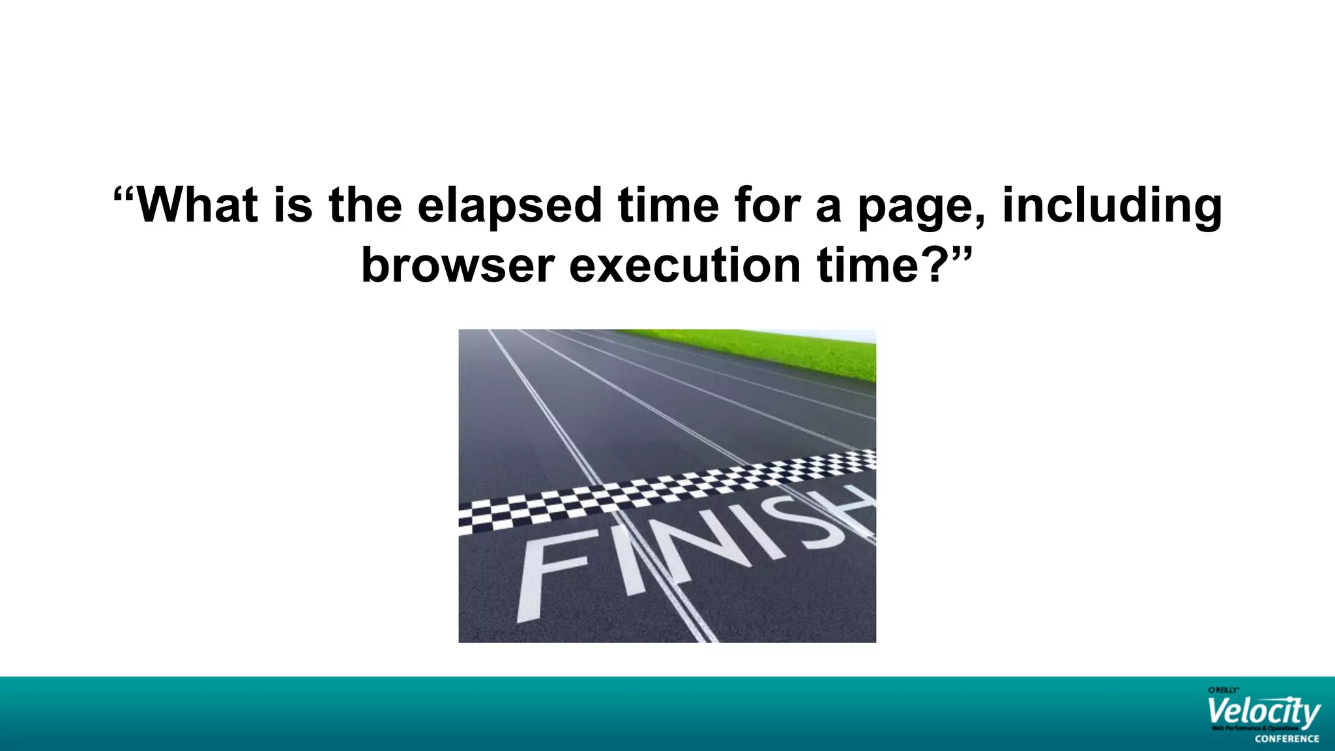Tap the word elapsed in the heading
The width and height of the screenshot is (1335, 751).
509,206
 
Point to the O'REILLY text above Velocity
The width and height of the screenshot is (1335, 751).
1223,690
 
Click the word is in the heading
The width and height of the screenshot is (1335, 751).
293,206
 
